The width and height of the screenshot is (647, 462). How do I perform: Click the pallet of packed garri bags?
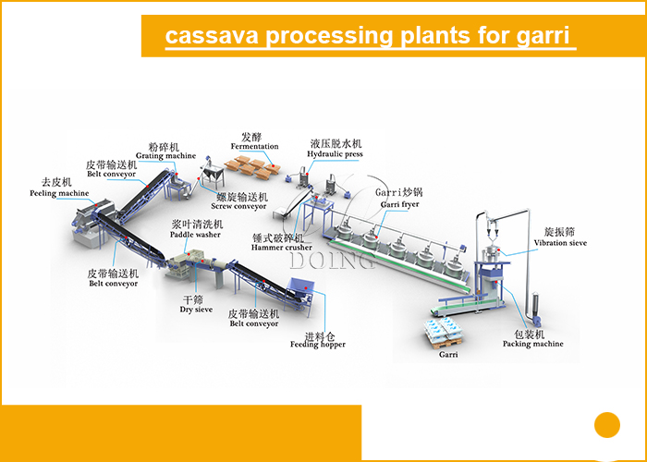(x=448, y=329)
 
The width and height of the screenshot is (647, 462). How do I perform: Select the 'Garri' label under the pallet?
(x=448, y=353)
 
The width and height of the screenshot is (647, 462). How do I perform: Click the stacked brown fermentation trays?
(x=253, y=167)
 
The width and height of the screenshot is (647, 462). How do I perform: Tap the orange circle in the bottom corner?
(x=607, y=424)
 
